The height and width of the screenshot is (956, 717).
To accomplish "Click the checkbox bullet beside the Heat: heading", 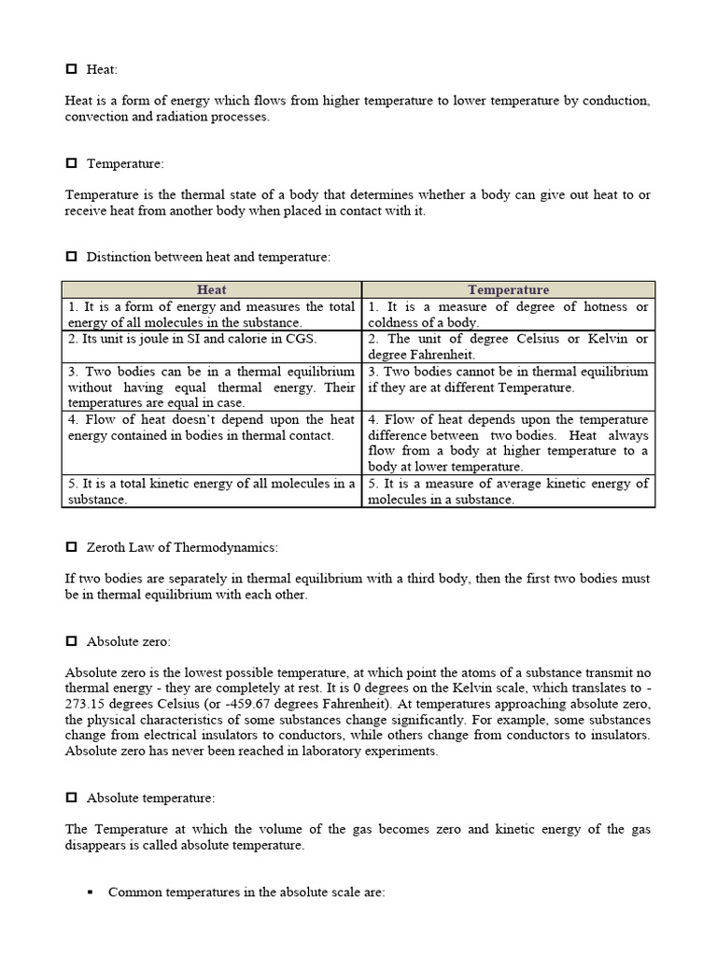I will tap(72, 69).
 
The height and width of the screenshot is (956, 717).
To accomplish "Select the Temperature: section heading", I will tap(124, 163).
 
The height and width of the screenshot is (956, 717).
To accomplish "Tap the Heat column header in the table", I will tap(212, 290).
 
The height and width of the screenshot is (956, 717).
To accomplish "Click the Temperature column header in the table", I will tap(509, 290).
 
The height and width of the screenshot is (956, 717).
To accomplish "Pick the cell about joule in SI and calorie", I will tap(212, 339).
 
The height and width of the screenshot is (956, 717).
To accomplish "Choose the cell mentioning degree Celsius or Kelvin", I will tap(509, 346).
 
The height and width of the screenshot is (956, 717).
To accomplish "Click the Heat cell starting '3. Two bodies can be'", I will tap(212, 387).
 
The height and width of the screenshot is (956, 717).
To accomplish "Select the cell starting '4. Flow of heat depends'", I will tap(509, 443).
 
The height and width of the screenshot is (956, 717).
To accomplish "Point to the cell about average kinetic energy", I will tap(509, 491).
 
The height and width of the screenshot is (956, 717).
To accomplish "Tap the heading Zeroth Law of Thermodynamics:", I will tap(182, 547).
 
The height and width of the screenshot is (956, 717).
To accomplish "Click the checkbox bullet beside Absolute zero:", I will tap(72, 641).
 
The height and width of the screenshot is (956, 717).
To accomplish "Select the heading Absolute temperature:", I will tap(150, 798).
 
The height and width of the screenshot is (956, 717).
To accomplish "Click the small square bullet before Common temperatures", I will tap(91, 893).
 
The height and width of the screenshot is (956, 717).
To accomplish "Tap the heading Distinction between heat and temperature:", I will tap(208, 257).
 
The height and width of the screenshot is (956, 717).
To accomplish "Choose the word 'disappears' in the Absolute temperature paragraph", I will tap(96, 846).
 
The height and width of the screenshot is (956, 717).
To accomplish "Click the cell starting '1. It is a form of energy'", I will tap(212, 315).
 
